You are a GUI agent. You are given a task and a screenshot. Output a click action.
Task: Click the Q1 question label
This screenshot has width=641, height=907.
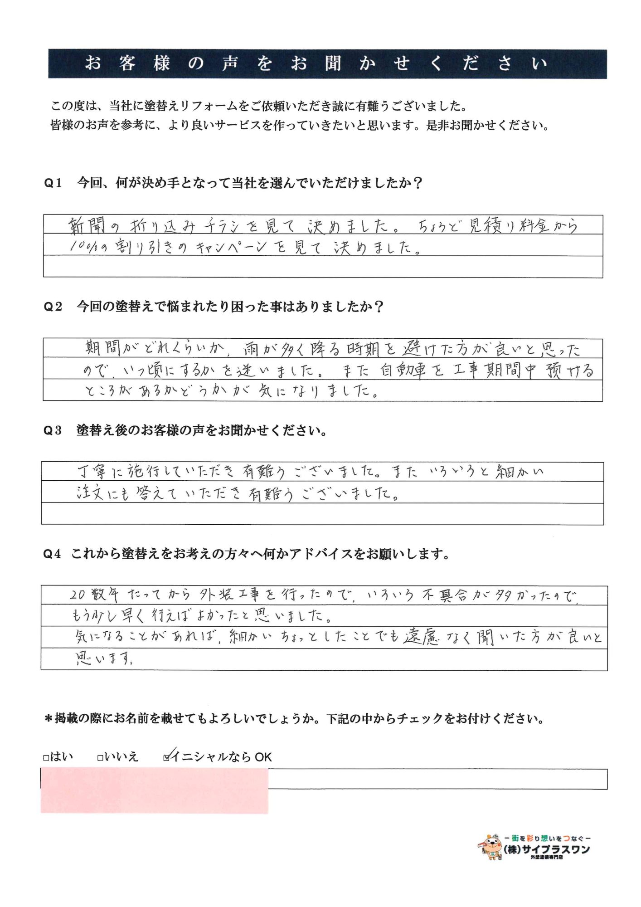point(53,183)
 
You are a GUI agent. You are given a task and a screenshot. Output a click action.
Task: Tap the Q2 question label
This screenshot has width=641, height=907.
point(53,307)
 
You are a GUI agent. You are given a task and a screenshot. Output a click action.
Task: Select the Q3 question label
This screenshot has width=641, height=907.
point(53,430)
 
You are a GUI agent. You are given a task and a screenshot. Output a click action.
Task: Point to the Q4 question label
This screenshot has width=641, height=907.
point(52,554)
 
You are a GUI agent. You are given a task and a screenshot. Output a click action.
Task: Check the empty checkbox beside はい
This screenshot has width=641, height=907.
point(46,758)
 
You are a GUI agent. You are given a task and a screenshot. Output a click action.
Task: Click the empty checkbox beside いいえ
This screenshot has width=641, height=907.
point(100,758)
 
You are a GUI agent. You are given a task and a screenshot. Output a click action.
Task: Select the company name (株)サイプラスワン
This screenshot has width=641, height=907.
point(547,849)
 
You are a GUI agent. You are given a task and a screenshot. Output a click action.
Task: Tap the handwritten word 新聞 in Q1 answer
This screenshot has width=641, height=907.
point(87,225)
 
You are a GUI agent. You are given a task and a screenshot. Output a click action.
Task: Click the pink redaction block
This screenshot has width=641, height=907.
point(154,790)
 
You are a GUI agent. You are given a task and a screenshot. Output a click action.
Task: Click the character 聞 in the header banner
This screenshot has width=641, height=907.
point(333,63)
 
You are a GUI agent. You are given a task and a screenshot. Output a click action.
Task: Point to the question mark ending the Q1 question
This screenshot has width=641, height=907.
point(418,183)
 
